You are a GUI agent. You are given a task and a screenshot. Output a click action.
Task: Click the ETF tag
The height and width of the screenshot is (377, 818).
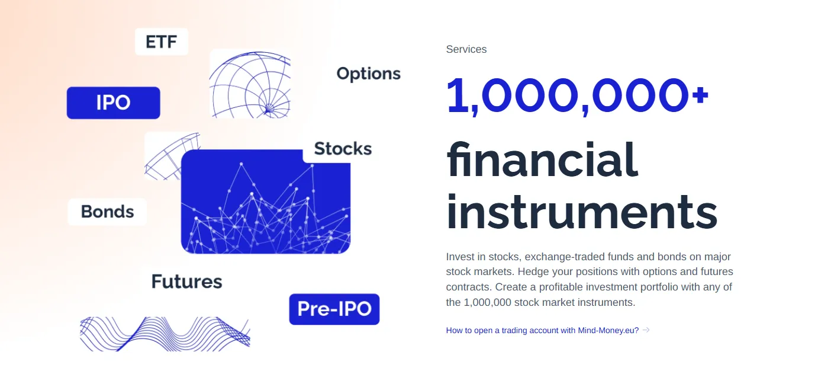point(162,41)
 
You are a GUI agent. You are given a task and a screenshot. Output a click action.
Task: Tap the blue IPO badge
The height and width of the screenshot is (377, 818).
point(113,103)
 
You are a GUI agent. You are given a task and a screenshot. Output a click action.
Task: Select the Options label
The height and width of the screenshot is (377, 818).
point(369,74)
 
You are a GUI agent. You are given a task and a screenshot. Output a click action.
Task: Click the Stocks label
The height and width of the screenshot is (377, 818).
point(343,148)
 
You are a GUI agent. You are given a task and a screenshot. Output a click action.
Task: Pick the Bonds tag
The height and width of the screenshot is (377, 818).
point(107,212)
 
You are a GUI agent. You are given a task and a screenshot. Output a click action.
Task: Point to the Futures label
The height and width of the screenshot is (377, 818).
point(186,282)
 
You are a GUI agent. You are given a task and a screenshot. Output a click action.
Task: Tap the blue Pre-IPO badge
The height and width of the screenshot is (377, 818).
point(334,309)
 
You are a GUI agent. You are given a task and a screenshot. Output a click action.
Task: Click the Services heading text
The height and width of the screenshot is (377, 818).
point(466,49)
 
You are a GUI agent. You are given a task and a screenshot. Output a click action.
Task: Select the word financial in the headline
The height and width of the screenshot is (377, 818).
point(542,160)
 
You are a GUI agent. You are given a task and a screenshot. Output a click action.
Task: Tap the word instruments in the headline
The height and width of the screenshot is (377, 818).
point(582,212)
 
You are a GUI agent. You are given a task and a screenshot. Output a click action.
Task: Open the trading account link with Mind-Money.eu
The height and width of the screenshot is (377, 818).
point(542,331)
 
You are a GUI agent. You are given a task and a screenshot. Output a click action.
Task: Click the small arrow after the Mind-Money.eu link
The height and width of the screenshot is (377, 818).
point(646,330)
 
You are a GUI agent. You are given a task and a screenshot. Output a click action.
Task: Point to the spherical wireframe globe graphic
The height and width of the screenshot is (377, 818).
point(250,84)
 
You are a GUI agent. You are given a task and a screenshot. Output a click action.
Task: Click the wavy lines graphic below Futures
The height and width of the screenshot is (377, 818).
point(165,334)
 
